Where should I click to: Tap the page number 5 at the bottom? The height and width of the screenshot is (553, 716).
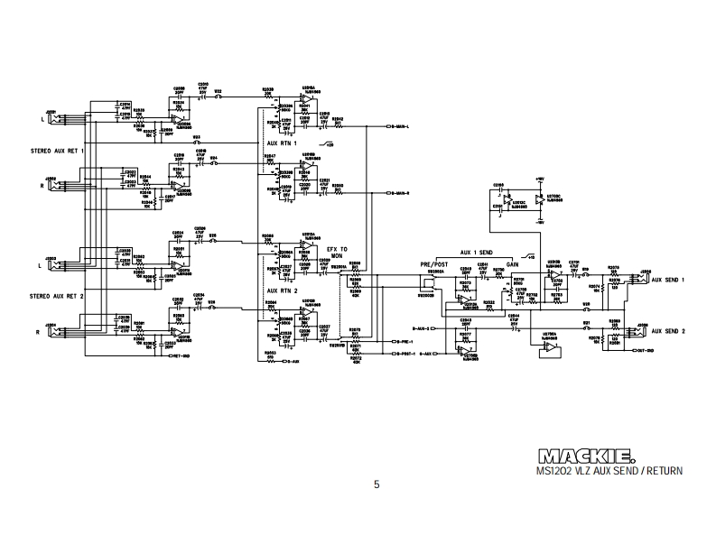pos(377,484)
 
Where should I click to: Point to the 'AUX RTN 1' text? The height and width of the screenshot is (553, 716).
pos(283,143)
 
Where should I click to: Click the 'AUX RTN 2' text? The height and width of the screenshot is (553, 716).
pos(283,290)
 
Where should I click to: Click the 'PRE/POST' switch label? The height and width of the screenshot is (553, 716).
pos(433,263)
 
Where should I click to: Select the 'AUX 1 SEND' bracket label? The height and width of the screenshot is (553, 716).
pos(478,253)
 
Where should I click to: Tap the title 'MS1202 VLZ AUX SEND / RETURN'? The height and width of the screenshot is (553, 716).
pos(609,470)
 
